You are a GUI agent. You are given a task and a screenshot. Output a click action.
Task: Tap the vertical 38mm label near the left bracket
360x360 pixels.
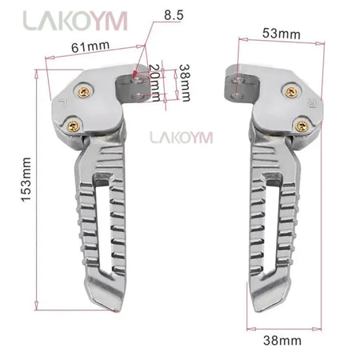click(186, 82)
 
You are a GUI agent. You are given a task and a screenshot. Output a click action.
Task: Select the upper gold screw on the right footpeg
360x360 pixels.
click(290, 92)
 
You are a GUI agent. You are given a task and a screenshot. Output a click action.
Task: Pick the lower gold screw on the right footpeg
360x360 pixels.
click(302, 124)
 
